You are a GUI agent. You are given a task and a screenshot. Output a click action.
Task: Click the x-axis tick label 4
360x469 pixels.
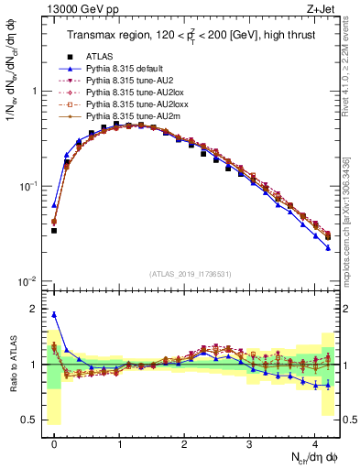coord(314,445)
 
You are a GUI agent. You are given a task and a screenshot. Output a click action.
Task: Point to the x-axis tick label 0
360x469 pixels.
coord(55,445)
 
